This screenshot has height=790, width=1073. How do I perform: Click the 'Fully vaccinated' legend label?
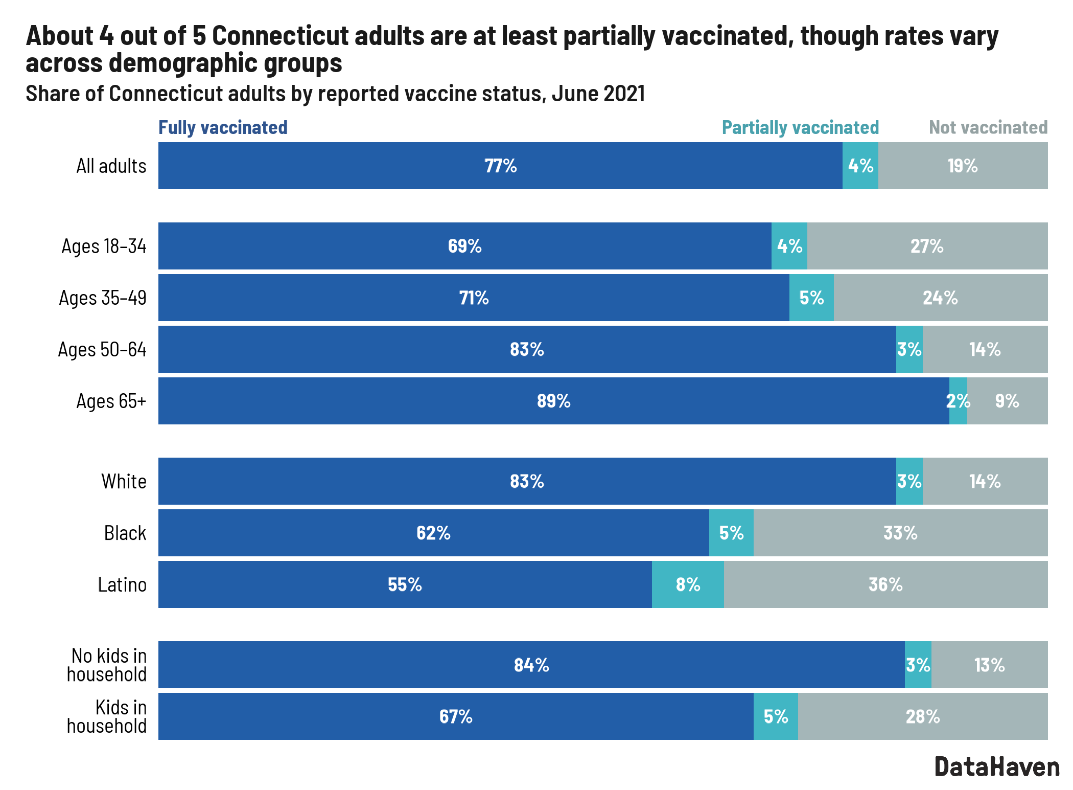point(223,127)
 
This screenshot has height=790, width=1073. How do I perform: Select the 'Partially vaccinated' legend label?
point(800,127)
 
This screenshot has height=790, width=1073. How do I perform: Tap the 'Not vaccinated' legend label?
point(988,127)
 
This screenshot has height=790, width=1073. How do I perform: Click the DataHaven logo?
point(997,767)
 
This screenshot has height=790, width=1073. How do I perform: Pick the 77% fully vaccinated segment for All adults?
point(500,166)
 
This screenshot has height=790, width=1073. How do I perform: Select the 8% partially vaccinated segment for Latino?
point(688,584)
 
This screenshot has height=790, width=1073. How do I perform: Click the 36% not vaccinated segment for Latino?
point(885,584)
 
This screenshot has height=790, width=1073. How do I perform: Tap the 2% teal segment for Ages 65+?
point(958,401)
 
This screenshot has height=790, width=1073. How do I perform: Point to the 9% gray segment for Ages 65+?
point(1007,401)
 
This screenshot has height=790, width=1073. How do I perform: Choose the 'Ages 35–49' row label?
point(103,298)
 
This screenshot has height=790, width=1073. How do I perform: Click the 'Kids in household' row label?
point(107,716)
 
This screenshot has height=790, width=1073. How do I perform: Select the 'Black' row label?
point(125,533)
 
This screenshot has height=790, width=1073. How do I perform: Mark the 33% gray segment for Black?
point(900,533)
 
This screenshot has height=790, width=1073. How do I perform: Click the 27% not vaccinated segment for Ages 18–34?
point(927,246)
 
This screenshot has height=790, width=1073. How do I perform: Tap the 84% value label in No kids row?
point(531,665)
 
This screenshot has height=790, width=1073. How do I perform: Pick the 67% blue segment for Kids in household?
point(456,716)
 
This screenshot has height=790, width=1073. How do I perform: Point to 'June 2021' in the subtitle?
point(598,94)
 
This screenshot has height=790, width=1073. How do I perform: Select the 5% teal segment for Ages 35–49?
point(811,298)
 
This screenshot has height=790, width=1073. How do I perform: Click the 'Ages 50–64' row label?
point(102,349)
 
